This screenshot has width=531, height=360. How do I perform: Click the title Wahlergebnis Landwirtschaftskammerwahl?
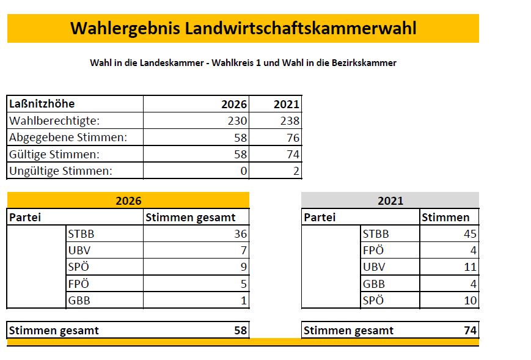click(243, 29)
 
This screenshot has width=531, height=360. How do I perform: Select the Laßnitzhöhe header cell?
click(42, 104)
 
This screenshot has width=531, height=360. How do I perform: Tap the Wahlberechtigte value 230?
click(237, 121)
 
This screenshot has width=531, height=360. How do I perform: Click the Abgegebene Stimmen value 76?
click(292, 138)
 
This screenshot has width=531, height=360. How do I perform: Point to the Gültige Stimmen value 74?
click(292, 155)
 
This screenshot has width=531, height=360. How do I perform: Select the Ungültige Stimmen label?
click(60, 171)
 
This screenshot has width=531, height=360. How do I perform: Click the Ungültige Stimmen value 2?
click(296, 171)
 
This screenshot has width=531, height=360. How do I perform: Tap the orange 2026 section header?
click(128, 200)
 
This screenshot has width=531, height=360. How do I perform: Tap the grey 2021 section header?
click(390, 200)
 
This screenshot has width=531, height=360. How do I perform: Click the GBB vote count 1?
click(244, 300)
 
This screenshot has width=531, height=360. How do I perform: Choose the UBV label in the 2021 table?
click(375, 267)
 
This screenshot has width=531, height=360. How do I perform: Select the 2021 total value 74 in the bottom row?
click(470, 331)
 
